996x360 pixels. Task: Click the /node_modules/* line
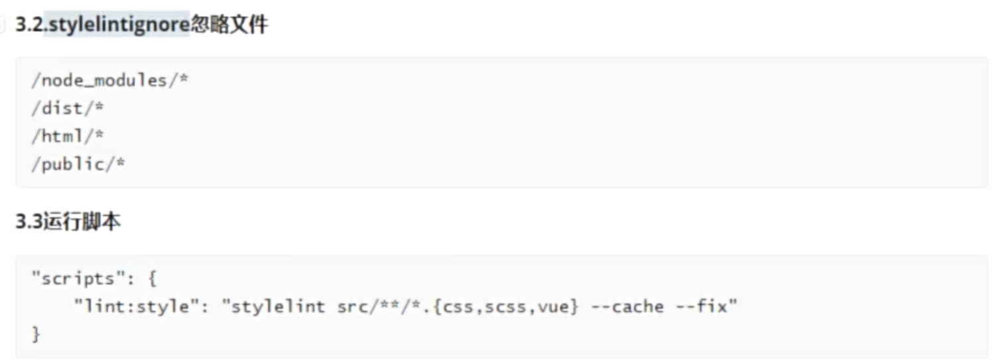(110, 81)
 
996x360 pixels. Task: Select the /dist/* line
(68, 108)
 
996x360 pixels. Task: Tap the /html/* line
(68, 136)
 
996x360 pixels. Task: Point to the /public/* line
(78, 164)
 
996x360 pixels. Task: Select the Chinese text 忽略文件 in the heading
(229, 26)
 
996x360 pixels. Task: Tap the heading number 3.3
(29, 222)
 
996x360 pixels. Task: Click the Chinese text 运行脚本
(82, 222)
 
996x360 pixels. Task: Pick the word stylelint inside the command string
(277, 306)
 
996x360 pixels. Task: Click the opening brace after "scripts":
(153, 278)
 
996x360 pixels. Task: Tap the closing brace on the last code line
(36, 334)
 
